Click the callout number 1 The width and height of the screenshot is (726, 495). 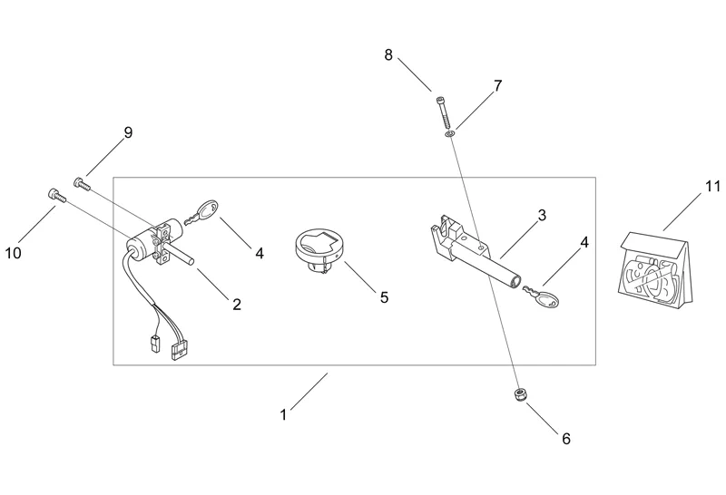coord(283,415)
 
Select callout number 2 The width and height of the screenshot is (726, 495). coord(237,305)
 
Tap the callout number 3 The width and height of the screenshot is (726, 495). coord(541,215)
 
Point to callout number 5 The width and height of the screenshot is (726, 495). coord(384,297)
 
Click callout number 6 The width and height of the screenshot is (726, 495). coord(565,439)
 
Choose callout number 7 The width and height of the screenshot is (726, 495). coord(497,86)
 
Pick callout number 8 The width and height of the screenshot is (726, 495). coord(388,54)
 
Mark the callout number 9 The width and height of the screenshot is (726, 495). coord(128,132)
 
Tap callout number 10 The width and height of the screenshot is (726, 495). coord(13,253)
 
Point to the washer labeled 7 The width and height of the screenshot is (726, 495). coord(450,135)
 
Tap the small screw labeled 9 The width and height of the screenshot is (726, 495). coord(81,183)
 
